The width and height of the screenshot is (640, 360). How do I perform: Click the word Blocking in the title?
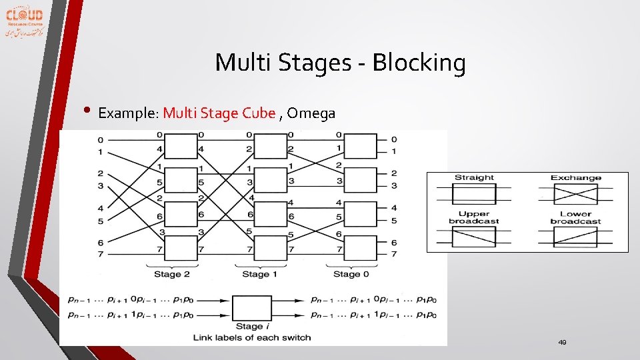(x=419, y=63)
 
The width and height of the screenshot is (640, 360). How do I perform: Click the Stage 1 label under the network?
(x=255, y=274)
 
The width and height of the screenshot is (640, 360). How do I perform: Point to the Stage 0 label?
(x=347, y=274)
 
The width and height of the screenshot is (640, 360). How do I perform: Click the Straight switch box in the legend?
(x=474, y=194)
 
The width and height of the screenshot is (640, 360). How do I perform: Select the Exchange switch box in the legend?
(x=575, y=194)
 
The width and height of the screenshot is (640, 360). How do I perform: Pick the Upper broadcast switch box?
(x=474, y=237)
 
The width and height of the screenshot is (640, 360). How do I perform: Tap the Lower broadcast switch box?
(x=575, y=237)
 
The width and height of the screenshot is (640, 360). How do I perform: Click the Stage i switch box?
(x=251, y=309)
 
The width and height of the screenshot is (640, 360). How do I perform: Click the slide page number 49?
(x=562, y=342)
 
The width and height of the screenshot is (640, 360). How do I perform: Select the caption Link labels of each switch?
(x=252, y=337)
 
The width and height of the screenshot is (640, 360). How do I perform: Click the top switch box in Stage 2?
(x=181, y=146)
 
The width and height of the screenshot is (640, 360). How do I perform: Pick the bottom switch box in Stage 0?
(x=361, y=249)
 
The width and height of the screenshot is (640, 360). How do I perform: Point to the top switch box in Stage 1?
(x=270, y=146)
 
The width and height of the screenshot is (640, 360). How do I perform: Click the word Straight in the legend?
(x=474, y=178)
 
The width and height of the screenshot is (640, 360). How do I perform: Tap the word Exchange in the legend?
(x=575, y=178)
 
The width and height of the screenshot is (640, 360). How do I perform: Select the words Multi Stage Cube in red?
(x=219, y=113)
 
